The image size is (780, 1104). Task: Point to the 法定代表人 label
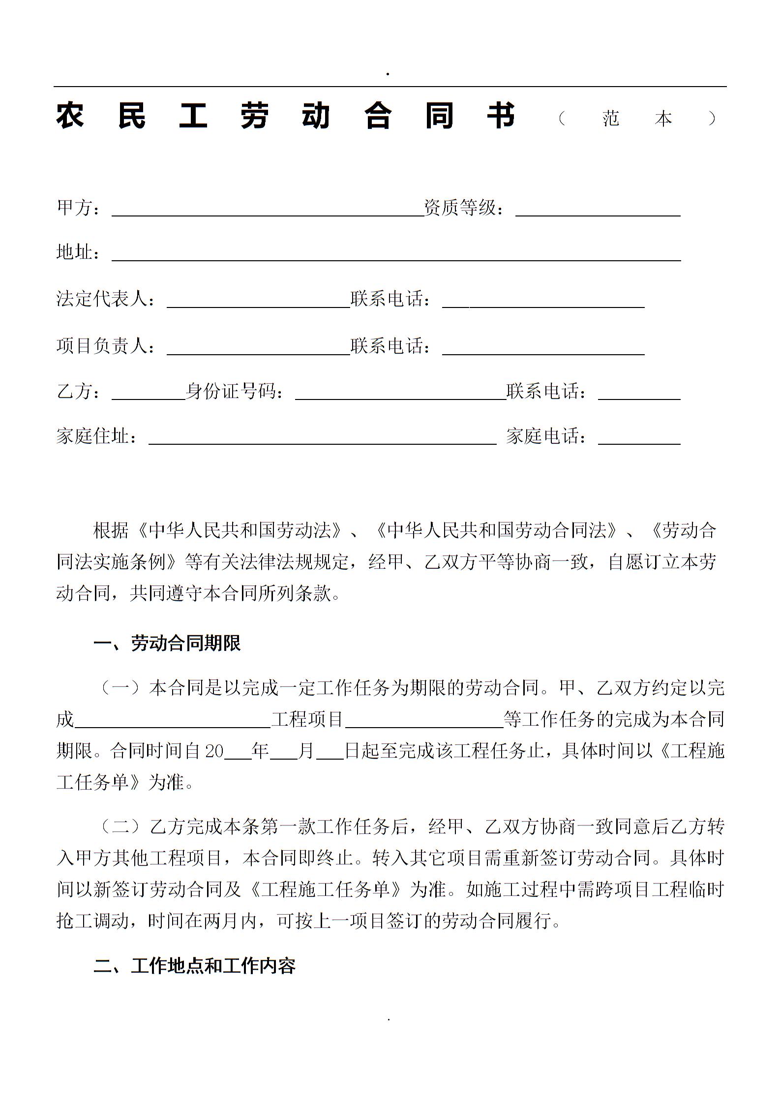click(x=105, y=299)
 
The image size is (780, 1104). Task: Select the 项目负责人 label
click(x=105, y=346)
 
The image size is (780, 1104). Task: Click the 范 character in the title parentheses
click(x=611, y=118)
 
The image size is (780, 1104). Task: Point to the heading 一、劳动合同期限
click(x=167, y=644)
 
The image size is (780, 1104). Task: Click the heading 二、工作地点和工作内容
click(x=195, y=966)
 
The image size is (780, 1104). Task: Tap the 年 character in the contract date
click(x=260, y=751)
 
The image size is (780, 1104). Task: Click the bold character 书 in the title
click(x=501, y=116)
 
